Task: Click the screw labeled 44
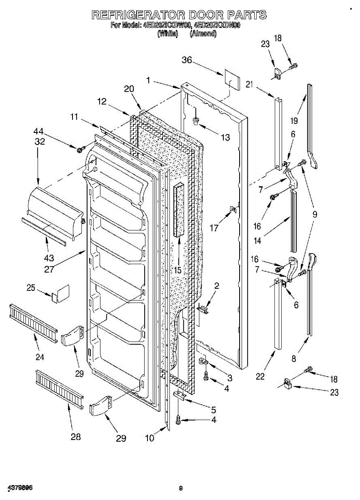(x=80, y=149)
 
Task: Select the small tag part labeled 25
(x=61, y=293)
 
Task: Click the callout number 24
(x=40, y=357)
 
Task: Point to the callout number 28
(x=75, y=436)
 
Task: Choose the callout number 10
(x=150, y=438)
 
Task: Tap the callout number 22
(x=260, y=377)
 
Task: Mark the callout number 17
(x=214, y=228)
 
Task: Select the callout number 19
(x=295, y=121)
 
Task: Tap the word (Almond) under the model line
(x=203, y=35)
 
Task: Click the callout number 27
(x=49, y=269)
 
